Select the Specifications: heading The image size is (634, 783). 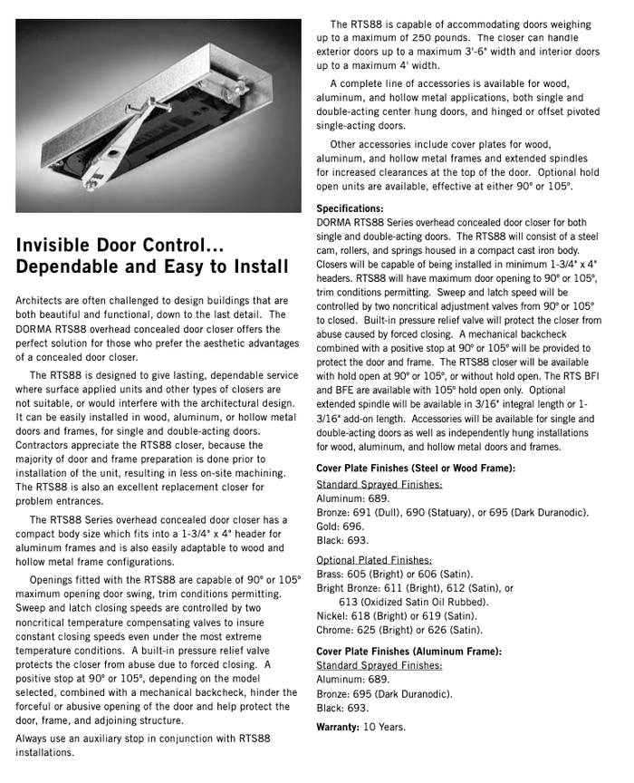[350, 208]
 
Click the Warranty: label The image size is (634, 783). [337, 727]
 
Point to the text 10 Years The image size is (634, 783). [384, 727]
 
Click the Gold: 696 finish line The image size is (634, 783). [341, 526]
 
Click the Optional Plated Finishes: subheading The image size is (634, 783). [374, 560]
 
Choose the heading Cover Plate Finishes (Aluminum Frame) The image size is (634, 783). [408, 652]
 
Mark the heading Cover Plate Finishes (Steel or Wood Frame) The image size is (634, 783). [416, 469]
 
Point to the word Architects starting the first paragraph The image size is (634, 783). [42, 300]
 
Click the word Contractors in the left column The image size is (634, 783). [48, 445]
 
